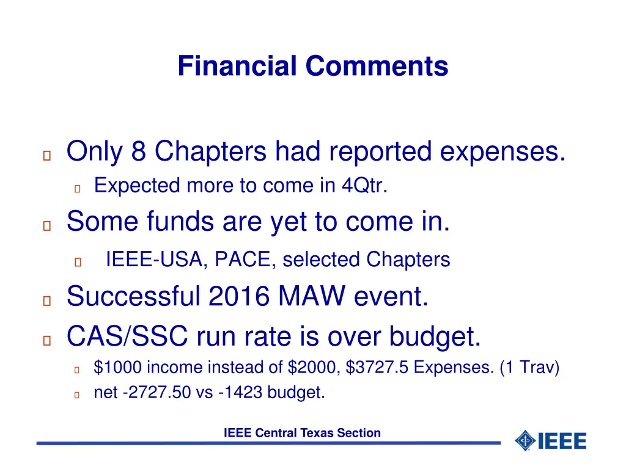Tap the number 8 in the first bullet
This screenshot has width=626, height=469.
pos(138,151)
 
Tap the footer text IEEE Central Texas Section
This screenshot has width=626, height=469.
pos(302,433)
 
